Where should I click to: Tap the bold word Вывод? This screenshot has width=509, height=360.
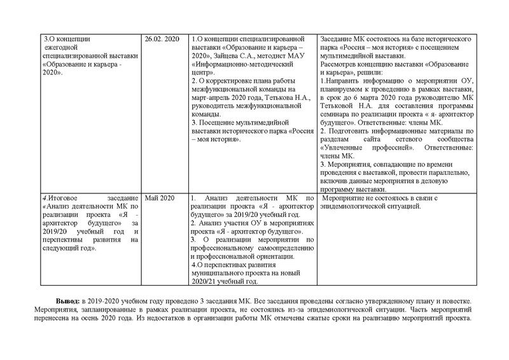(68, 300)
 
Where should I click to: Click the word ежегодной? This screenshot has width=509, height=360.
(60, 48)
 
